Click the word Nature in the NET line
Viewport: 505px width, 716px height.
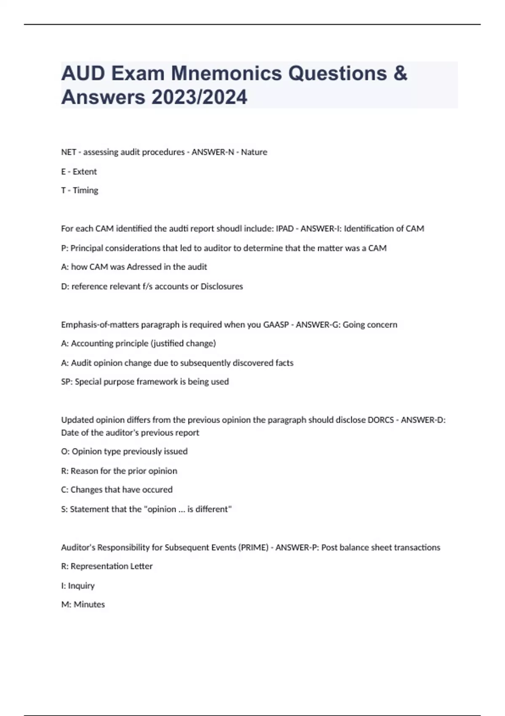(x=254, y=152)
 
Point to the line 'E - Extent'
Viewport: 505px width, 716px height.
(x=79, y=171)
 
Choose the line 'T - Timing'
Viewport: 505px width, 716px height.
(x=80, y=190)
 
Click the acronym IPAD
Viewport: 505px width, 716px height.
(x=285, y=229)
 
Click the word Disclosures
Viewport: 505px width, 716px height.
(x=222, y=286)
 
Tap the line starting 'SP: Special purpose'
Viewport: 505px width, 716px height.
(x=145, y=382)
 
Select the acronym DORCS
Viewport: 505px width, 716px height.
(x=381, y=420)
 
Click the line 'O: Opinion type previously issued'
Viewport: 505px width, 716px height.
(x=124, y=452)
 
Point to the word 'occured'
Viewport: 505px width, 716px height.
(x=158, y=490)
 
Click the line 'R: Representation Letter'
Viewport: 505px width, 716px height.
(x=107, y=566)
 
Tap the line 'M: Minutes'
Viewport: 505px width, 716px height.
(x=83, y=604)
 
